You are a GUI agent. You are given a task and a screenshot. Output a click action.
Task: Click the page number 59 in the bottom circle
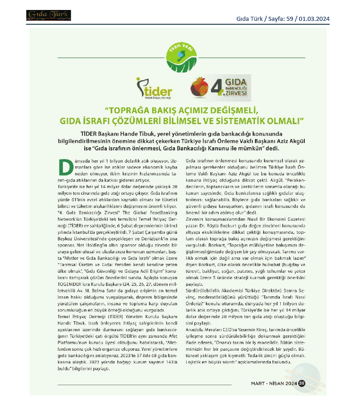[302, 384]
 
